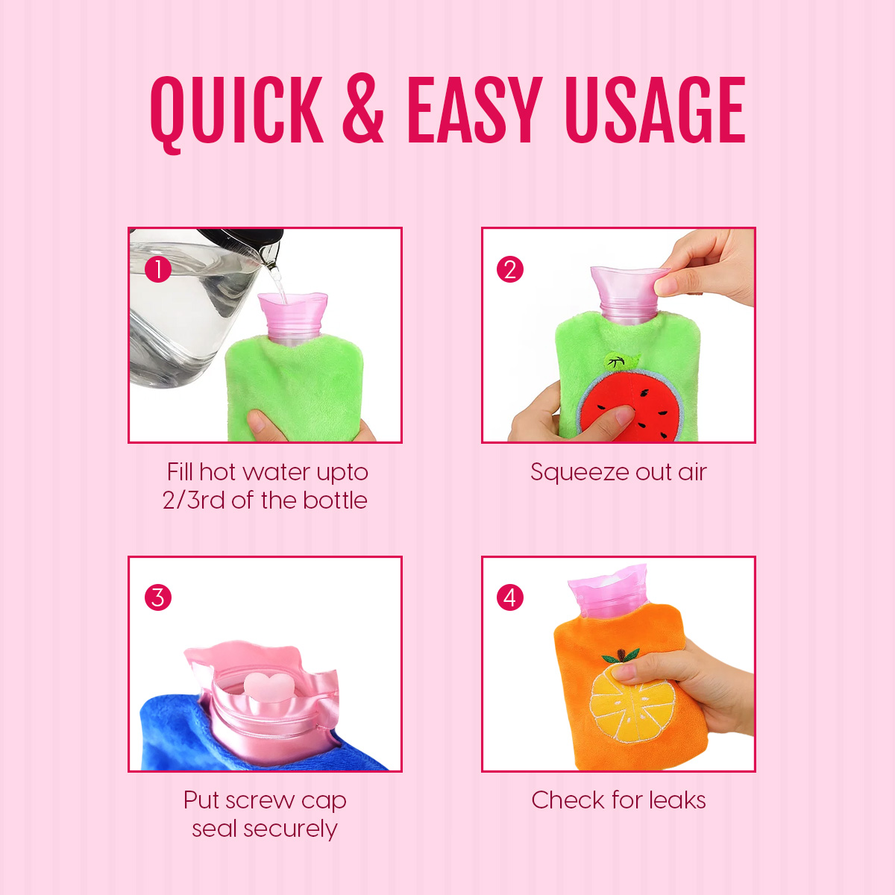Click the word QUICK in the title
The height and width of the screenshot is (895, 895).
coord(237,113)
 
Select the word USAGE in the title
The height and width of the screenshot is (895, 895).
coord(656,110)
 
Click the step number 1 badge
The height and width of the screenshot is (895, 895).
coord(158,269)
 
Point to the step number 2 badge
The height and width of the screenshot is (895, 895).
coord(510,269)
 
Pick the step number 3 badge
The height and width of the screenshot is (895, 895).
coord(158,597)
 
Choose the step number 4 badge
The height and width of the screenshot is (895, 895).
coord(510,597)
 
